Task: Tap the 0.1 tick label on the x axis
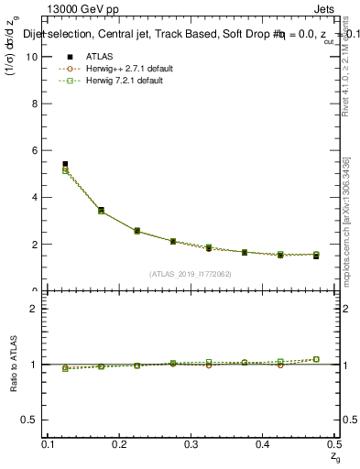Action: (x=49, y=444)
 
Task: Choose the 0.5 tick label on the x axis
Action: (x=333, y=444)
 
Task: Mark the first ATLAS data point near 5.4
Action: (x=65, y=164)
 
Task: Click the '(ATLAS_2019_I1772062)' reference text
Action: (x=191, y=274)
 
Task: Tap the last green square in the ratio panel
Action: (x=316, y=359)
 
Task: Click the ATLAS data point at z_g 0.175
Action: (x=101, y=210)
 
